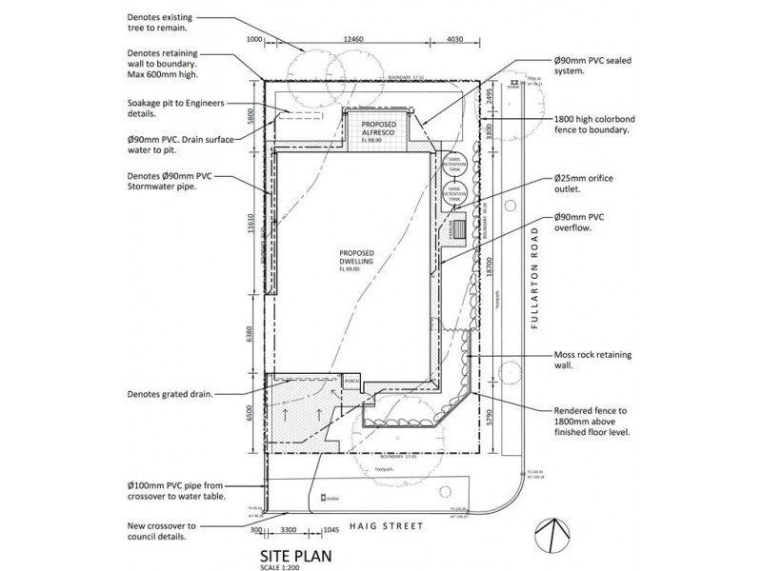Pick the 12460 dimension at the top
(349, 40)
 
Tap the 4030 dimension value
(454, 40)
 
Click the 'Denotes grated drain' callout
(169, 393)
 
